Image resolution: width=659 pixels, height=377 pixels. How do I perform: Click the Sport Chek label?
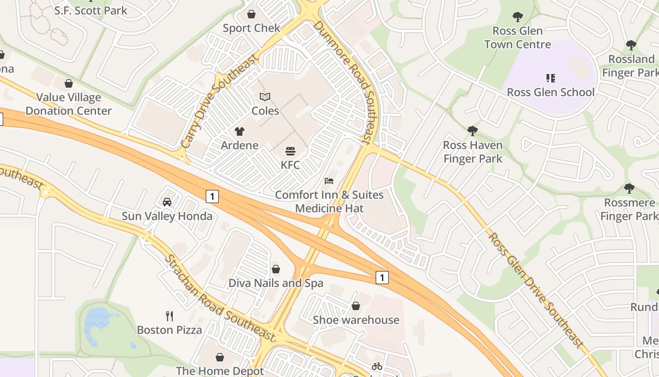coord(251,28)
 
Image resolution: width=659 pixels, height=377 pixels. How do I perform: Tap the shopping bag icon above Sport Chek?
coord(251,14)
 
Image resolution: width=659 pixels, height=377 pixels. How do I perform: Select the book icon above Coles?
coord(265,97)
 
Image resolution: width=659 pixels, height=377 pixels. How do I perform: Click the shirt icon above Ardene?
coord(240,131)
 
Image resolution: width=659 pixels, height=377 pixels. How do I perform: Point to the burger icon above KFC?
coord(290,151)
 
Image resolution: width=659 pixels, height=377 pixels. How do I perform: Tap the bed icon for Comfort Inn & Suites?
coord(329,181)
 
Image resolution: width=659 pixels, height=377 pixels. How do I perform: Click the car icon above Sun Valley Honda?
coord(167,202)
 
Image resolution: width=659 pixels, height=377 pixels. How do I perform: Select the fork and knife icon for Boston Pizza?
coord(169,316)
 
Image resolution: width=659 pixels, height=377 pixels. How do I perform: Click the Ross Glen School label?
coord(551,92)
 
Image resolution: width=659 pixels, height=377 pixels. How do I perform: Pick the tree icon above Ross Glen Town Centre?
coord(517,17)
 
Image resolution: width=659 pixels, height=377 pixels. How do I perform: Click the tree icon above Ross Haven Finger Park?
coord(473,131)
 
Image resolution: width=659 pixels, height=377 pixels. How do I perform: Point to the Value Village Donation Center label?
coord(69,104)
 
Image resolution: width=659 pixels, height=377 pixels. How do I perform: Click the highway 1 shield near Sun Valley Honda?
coord(212,196)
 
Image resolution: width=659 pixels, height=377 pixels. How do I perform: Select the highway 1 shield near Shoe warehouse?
coord(382,278)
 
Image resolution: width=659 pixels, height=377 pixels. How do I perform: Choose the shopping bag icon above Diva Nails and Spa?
coord(276,269)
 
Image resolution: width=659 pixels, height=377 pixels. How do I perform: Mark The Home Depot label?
coord(220,371)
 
